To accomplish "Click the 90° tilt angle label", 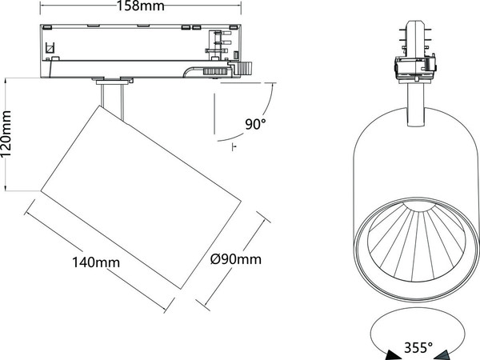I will [x=255, y=123].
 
